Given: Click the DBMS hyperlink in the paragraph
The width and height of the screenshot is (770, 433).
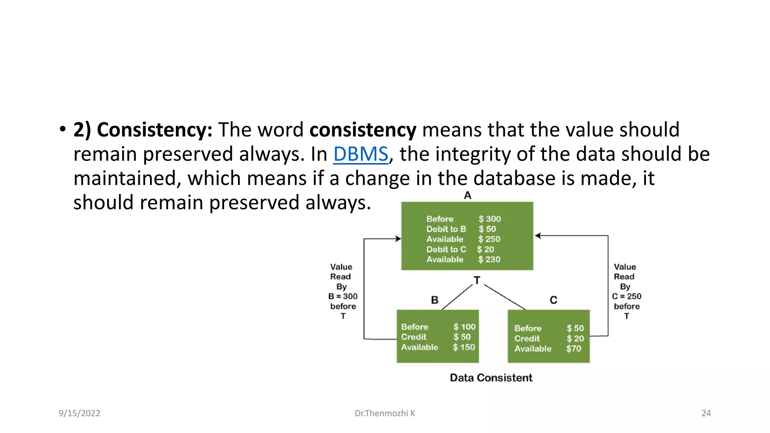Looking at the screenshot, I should [360, 154].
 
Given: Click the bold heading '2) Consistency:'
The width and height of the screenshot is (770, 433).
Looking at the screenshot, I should [143, 130].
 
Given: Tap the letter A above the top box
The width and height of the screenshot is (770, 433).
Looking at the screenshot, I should [467, 195].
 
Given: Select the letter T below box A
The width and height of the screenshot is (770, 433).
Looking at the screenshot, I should [477, 280].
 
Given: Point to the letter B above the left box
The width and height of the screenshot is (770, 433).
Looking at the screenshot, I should [435, 300].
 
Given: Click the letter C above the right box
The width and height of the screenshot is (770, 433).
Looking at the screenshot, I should [553, 300].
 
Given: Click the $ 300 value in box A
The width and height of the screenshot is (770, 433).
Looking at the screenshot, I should [490, 219].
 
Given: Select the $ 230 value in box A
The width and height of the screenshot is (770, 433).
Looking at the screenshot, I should [489, 259].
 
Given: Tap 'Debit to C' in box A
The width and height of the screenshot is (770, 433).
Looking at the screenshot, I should [446, 249].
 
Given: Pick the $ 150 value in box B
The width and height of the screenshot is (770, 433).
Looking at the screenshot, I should [464, 347].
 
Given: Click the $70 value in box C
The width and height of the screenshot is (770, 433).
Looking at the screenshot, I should [574, 349].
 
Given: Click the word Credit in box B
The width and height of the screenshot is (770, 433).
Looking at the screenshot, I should [414, 337].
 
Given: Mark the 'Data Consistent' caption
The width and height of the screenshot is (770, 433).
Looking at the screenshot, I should [491, 378].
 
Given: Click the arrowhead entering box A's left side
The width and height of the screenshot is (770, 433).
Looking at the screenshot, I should [399, 239].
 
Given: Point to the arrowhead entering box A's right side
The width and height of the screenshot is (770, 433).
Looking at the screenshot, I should [538, 236].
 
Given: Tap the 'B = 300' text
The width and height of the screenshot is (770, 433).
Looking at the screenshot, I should [343, 296].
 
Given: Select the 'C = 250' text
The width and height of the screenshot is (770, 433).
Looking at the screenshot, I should [626, 296].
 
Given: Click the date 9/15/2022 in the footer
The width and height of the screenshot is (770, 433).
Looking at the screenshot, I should [79, 413].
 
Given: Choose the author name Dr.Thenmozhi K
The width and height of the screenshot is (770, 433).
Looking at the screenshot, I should [385, 413].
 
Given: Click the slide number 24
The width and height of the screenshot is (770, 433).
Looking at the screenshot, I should [706, 413].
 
